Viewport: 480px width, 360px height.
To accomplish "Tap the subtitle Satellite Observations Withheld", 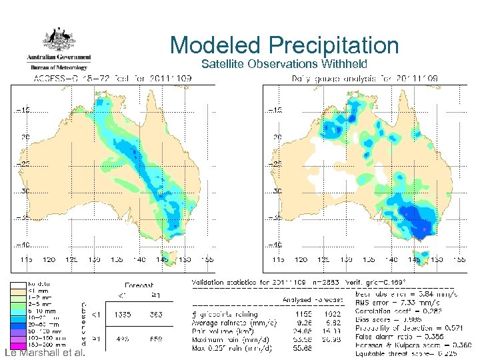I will [x=284, y=64].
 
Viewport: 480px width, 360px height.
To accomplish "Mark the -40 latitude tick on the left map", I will [x=22, y=244].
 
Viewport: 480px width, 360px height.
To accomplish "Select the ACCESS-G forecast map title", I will [x=113, y=79].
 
